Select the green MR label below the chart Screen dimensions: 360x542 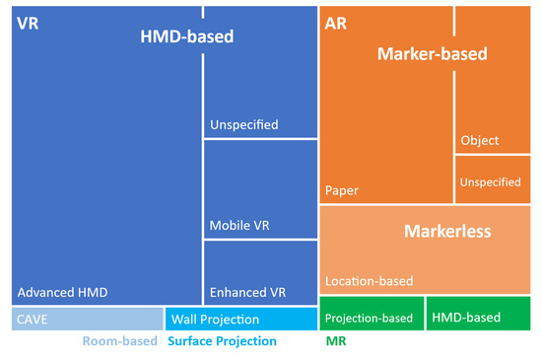335,342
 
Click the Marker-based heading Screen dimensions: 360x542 433,54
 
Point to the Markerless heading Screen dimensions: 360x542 448,232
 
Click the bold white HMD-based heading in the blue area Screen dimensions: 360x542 187,37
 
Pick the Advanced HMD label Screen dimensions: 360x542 62,292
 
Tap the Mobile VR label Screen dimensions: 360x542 239,225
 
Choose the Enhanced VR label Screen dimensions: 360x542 247,293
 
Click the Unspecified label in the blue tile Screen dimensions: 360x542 244,125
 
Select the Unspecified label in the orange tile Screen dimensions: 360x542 491,182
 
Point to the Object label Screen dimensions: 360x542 480,140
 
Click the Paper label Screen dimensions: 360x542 341,189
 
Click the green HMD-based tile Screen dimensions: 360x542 478,318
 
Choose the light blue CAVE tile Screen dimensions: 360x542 87,319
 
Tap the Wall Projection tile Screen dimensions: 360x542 241,319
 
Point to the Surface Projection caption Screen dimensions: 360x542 222,342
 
